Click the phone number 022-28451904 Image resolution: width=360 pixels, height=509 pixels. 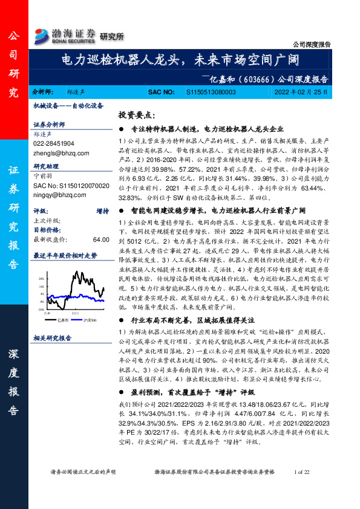click(x=54, y=144)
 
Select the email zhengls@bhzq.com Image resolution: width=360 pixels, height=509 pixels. click(x=56, y=153)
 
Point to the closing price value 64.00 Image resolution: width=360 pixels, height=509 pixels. click(x=100, y=239)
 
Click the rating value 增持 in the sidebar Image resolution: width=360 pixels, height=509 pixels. click(x=102, y=212)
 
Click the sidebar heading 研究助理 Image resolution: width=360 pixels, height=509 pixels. click(x=47, y=166)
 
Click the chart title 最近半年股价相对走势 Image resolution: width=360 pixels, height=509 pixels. click(x=65, y=256)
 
